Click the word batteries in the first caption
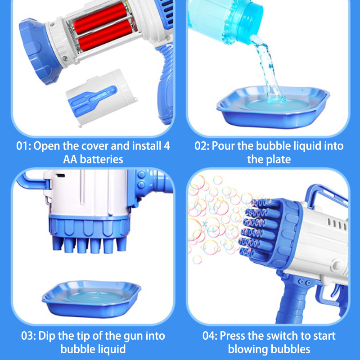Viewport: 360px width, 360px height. pos(102,159)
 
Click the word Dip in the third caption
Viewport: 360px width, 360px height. pos(47,336)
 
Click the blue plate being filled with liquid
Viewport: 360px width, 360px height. pos(273,108)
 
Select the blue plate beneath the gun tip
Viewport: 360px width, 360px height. pos(91,298)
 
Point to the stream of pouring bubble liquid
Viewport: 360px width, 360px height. pos(267,69)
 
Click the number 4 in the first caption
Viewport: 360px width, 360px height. pos(167,146)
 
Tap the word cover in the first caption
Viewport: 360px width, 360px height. pos(94,146)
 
